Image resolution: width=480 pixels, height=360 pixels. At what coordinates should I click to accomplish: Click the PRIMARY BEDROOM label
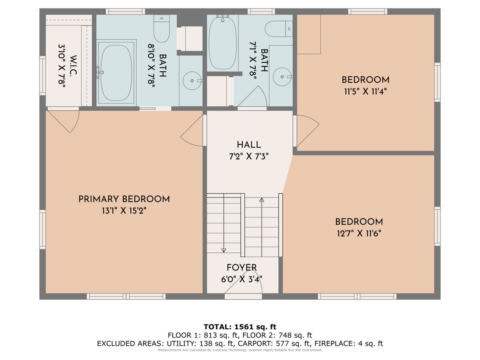tap(124, 199)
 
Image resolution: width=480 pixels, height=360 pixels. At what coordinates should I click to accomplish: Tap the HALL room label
tap(249, 145)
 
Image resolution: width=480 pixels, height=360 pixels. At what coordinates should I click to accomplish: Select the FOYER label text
tap(242, 268)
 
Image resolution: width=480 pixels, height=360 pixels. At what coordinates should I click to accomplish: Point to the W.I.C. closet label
tap(73, 65)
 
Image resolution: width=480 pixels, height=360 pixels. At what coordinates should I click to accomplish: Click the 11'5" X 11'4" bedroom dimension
tap(366, 91)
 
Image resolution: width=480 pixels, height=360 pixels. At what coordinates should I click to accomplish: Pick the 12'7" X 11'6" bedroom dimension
tap(359, 234)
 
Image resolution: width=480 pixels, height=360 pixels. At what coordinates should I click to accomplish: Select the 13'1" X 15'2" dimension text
tap(124, 211)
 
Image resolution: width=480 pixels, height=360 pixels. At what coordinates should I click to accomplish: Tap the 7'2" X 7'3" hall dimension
tap(249, 156)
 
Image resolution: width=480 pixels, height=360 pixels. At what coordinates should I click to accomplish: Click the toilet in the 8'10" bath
tap(161, 28)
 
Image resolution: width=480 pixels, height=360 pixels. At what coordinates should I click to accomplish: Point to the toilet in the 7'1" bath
tap(278, 29)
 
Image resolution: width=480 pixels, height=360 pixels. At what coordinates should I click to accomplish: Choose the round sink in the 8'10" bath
tap(192, 81)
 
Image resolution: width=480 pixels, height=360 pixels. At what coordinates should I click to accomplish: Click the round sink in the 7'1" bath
tap(282, 77)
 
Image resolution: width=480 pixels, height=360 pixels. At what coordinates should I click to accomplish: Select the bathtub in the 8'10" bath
tap(116, 73)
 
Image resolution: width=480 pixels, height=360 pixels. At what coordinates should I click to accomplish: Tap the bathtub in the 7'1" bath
tap(223, 43)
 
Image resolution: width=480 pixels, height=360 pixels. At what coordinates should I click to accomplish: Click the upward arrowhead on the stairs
tap(262, 200)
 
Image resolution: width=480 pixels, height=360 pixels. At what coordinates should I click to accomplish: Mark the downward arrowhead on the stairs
tap(224, 250)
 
